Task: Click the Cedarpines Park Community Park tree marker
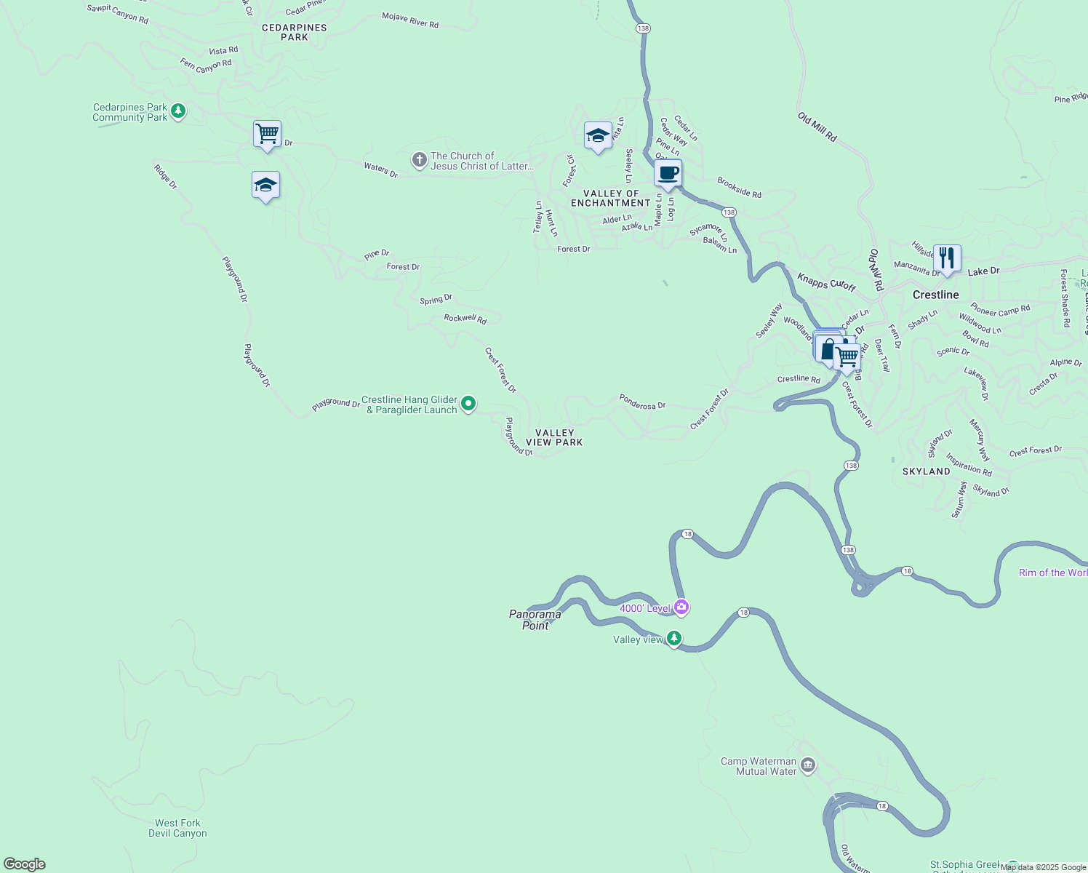click(x=178, y=111)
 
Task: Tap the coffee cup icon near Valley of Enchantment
click(x=668, y=174)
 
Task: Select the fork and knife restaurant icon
click(x=946, y=258)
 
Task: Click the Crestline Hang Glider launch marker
click(x=469, y=403)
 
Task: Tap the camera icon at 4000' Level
click(x=681, y=607)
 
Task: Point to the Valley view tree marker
click(x=675, y=638)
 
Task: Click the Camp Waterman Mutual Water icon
click(x=808, y=765)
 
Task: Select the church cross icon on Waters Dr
click(x=419, y=160)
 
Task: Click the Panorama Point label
click(x=535, y=620)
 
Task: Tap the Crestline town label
click(x=935, y=295)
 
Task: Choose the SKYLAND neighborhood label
click(x=926, y=471)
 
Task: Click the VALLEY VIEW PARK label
click(x=554, y=437)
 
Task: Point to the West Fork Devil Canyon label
click(x=177, y=828)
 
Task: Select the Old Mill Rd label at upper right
click(x=817, y=127)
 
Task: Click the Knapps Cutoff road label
click(x=826, y=282)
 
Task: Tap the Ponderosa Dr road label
click(x=642, y=402)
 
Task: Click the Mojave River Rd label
click(x=410, y=20)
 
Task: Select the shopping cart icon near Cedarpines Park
click(x=267, y=134)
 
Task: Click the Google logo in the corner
click(x=25, y=864)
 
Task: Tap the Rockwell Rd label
click(x=465, y=319)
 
